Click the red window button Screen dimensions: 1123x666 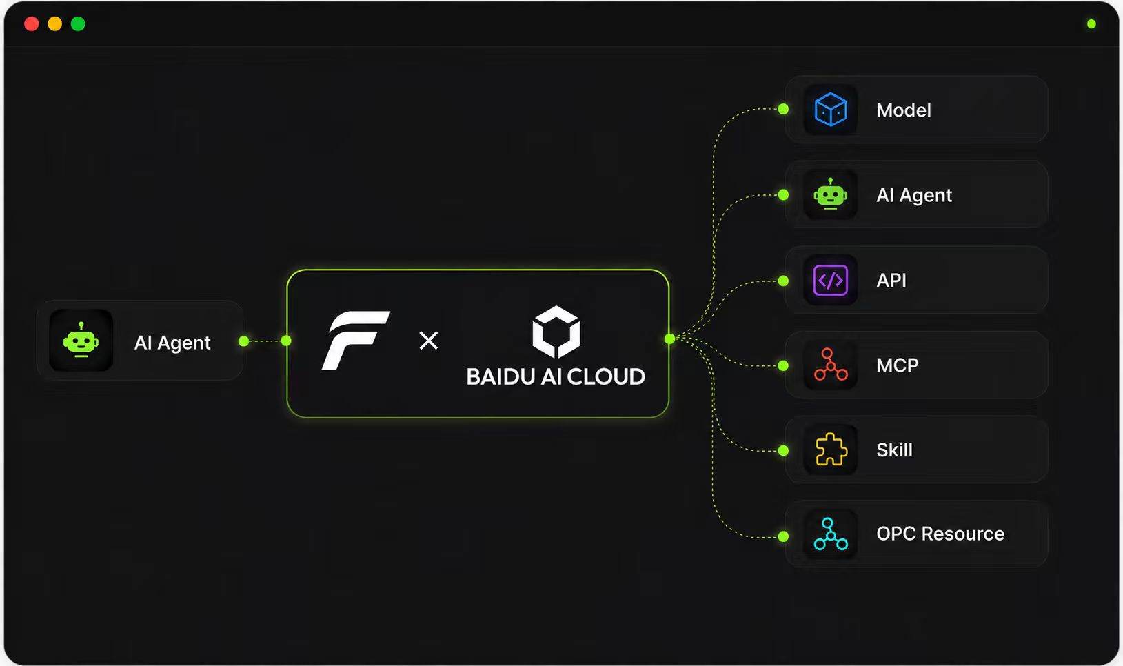(x=32, y=23)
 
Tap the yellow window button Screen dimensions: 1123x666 (x=54, y=23)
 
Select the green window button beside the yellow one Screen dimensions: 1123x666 (x=78, y=23)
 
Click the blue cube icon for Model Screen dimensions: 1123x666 (x=831, y=110)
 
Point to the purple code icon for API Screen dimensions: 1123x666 (x=831, y=280)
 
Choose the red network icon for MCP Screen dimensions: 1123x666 (x=831, y=365)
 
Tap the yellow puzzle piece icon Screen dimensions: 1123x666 (x=831, y=450)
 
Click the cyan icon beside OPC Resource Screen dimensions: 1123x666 (x=831, y=534)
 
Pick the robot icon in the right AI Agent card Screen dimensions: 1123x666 (x=831, y=194)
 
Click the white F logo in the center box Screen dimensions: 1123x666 (x=356, y=341)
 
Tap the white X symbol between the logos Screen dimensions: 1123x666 (x=429, y=341)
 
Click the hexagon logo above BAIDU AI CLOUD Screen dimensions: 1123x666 (x=556, y=332)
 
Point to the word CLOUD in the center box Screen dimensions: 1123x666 (x=606, y=377)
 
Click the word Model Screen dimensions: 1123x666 (x=903, y=110)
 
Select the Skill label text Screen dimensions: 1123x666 (x=894, y=450)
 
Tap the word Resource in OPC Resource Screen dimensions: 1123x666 (x=962, y=534)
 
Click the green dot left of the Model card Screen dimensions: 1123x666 (x=783, y=109)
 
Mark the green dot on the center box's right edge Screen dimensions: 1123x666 (x=670, y=339)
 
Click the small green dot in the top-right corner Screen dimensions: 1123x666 (x=1091, y=23)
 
